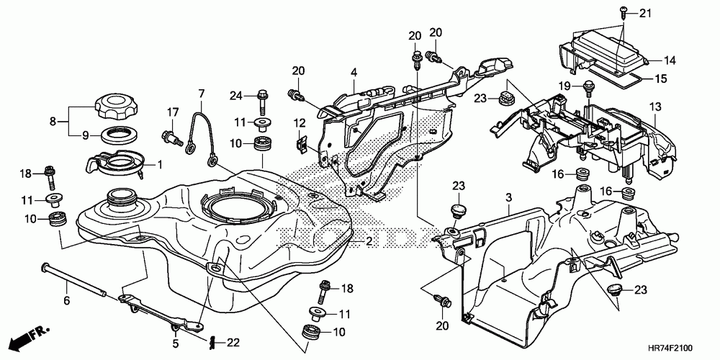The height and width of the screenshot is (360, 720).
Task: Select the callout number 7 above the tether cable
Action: coord(202,93)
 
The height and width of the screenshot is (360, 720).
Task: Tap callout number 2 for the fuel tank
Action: coord(369,240)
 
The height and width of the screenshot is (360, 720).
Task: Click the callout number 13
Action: coord(655,107)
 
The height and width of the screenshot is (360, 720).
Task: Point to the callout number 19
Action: coord(565,86)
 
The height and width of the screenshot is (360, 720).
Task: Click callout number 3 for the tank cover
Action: coord(508,197)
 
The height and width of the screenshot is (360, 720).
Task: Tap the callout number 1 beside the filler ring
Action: coord(160,165)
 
